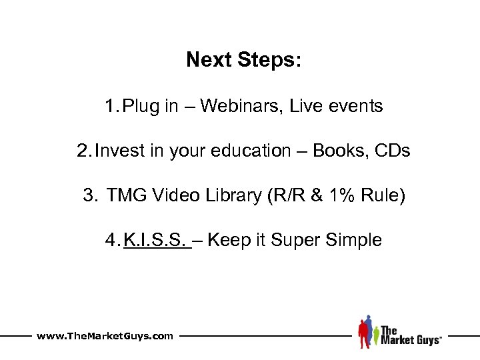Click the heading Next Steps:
pos(244,61)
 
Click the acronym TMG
pos(123,195)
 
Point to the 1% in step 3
pos(329,195)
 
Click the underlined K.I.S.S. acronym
pos(155,240)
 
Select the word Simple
pos(354,240)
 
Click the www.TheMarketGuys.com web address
pos(105,336)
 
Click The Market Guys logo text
pos(410,335)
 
